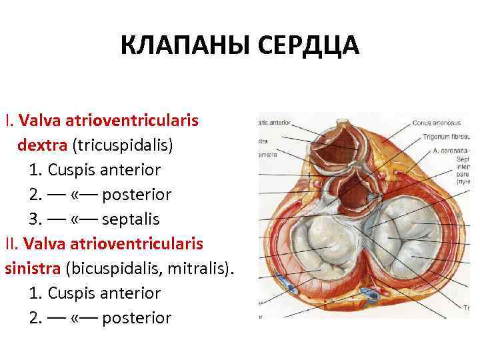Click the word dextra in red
pyautogui.click(x=42, y=145)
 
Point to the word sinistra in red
pyautogui.click(x=33, y=269)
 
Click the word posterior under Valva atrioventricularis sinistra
pyautogui.click(x=138, y=318)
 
